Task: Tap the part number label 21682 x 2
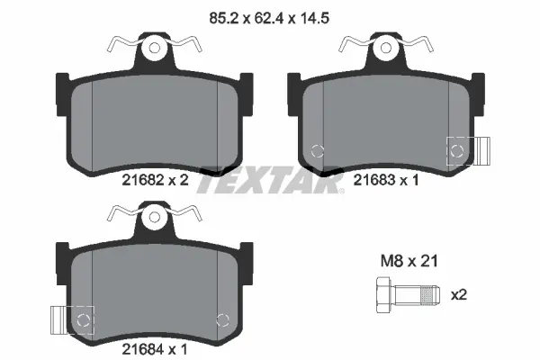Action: point(154,179)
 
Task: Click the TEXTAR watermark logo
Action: point(270,179)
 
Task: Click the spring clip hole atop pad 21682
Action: point(155,46)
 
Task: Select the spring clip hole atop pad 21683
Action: point(384,46)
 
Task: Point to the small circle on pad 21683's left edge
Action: point(316,150)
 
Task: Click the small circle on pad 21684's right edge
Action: point(224,319)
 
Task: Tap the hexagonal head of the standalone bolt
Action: point(380,294)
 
